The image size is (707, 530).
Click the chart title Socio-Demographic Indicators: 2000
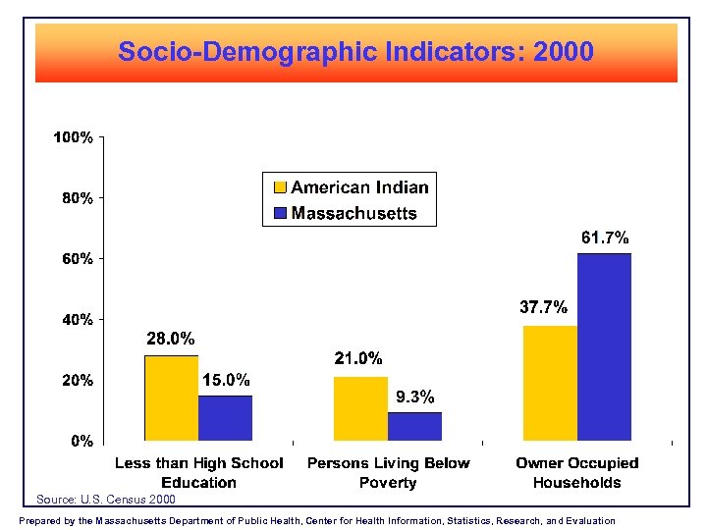pyautogui.click(x=355, y=51)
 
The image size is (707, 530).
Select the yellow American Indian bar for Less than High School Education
pyautogui.click(x=171, y=397)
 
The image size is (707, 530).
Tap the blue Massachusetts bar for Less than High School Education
pyautogui.click(x=225, y=417)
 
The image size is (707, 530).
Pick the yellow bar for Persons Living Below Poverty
pyautogui.click(x=360, y=408)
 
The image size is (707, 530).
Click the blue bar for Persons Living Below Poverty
pyautogui.click(x=414, y=426)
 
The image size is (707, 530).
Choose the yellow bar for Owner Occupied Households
pyautogui.click(x=550, y=383)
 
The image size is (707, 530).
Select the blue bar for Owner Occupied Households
pyautogui.click(x=604, y=346)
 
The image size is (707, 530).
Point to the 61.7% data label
pyautogui.click(x=605, y=238)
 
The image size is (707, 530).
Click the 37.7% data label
pyautogui.click(x=543, y=307)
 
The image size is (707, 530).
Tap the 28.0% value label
pyautogui.click(x=171, y=339)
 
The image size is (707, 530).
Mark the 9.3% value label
pyautogui.click(x=414, y=397)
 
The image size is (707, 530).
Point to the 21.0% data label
pyautogui.click(x=358, y=359)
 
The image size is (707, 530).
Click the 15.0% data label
pyautogui.click(x=226, y=380)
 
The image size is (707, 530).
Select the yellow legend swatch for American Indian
pyautogui.click(x=279, y=187)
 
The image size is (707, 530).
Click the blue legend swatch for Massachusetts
pyautogui.click(x=279, y=213)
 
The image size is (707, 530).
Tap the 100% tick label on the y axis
pyautogui.click(x=74, y=138)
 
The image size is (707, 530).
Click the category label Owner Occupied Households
pyautogui.click(x=577, y=472)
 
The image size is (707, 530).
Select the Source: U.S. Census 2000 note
pyautogui.click(x=106, y=500)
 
